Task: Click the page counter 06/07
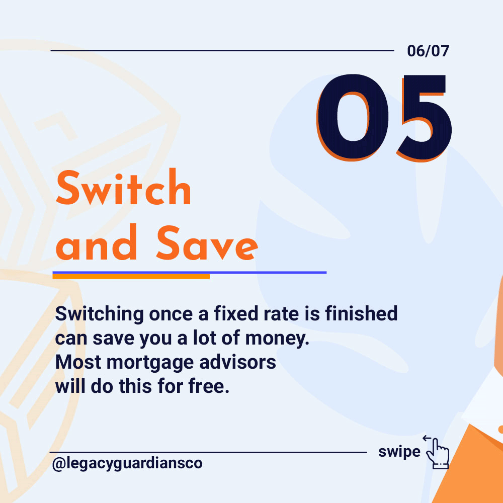pyautogui.click(x=428, y=51)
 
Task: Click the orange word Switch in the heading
pyautogui.click(x=124, y=187)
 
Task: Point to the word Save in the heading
pyautogui.click(x=207, y=242)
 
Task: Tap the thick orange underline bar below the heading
pyautogui.click(x=131, y=277)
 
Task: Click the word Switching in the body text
pyautogui.click(x=100, y=314)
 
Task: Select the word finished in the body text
pyautogui.click(x=362, y=313)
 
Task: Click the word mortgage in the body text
pyautogui.click(x=150, y=363)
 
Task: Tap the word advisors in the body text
pyautogui.click(x=238, y=362)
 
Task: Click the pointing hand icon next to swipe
pyautogui.click(x=438, y=454)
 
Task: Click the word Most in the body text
pyautogui.click(x=78, y=362)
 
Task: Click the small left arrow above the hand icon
pyautogui.click(x=427, y=438)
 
